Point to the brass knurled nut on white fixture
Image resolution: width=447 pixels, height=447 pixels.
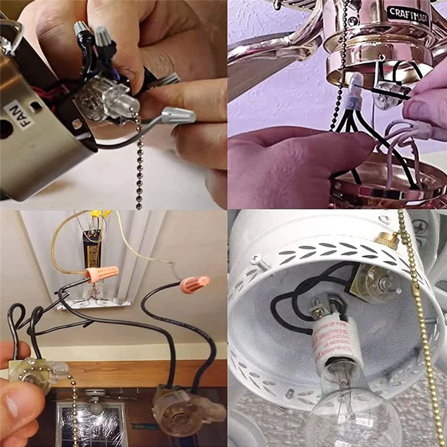386,242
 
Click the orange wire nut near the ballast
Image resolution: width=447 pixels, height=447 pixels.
102,274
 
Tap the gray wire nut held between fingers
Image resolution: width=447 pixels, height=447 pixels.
178,116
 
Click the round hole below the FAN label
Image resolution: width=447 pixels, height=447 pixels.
5,130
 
